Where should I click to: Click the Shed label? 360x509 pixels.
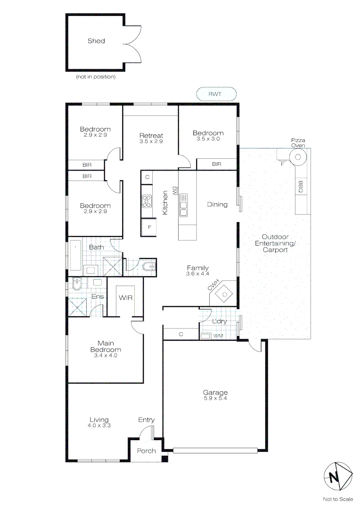click(x=96, y=41)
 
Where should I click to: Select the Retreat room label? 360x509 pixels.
click(x=151, y=136)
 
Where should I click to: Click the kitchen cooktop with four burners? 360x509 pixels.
click(x=147, y=201)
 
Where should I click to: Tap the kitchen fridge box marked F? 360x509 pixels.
click(x=149, y=227)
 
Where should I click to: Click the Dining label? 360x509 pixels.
click(x=217, y=205)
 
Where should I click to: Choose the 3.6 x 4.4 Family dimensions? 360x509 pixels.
click(x=197, y=273)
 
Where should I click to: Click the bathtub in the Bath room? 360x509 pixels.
click(x=76, y=255)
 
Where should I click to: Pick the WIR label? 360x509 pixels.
click(x=125, y=298)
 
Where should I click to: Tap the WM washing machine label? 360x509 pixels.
click(x=218, y=336)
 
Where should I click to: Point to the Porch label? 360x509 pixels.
click(x=146, y=451)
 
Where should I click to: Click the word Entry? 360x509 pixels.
click(x=146, y=420)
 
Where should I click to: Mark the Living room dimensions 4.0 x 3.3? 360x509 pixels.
click(x=99, y=425)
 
